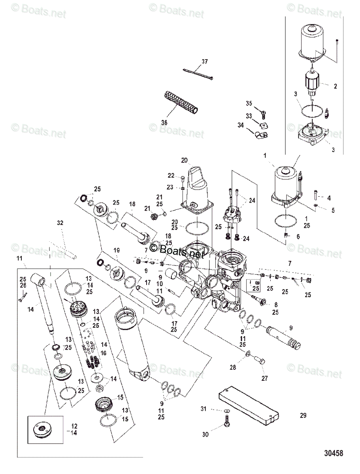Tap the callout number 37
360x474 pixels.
[x=204, y=62]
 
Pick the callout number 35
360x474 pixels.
[x=249, y=103]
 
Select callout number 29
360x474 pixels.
[x=303, y=416]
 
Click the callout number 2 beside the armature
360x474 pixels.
[x=335, y=85]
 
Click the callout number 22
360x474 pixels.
[x=171, y=175]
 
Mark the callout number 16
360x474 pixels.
[x=104, y=353]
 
